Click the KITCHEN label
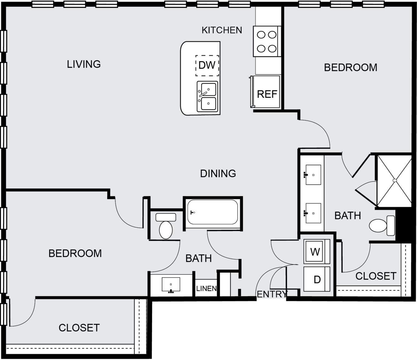[x=222, y=30]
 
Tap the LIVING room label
[x=84, y=64]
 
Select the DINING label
[x=218, y=174]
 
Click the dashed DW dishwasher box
[x=207, y=66]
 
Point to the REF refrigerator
[x=266, y=92]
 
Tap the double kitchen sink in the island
[x=207, y=96]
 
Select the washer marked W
[x=316, y=251]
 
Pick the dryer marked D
[x=316, y=279]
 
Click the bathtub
[x=213, y=212]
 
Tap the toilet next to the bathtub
[x=166, y=226]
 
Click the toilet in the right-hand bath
[x=382, y=225]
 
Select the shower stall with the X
[x=395, y=181]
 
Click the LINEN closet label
[x=206, y=288]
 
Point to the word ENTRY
[x=272, y=294]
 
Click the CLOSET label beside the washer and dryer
[x=376, y=276]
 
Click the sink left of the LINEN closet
[x=171, y=284]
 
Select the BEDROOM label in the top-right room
[x=351, y=68]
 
